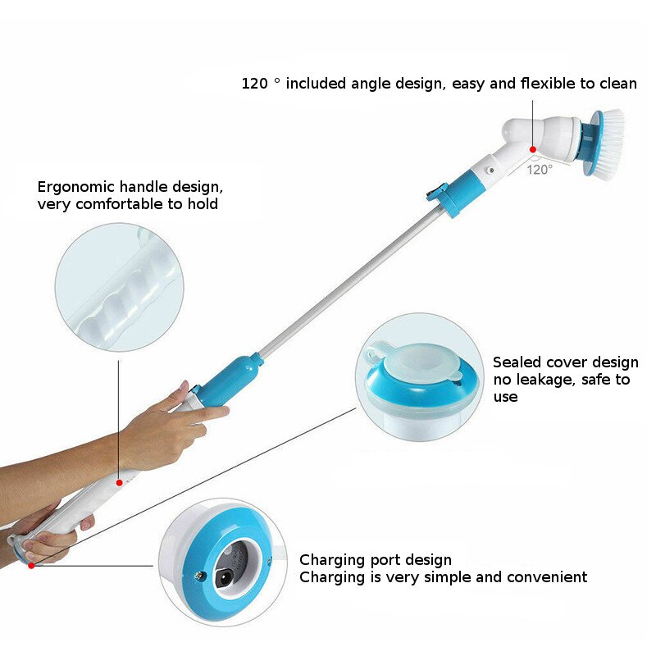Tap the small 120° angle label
[539, 169]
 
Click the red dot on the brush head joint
[532, 149]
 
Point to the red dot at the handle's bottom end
[31, 565]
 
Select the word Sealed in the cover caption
[517, 362]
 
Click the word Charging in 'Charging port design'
[331, 560]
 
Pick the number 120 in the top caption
[255, 84]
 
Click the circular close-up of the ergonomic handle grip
[119, 287]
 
